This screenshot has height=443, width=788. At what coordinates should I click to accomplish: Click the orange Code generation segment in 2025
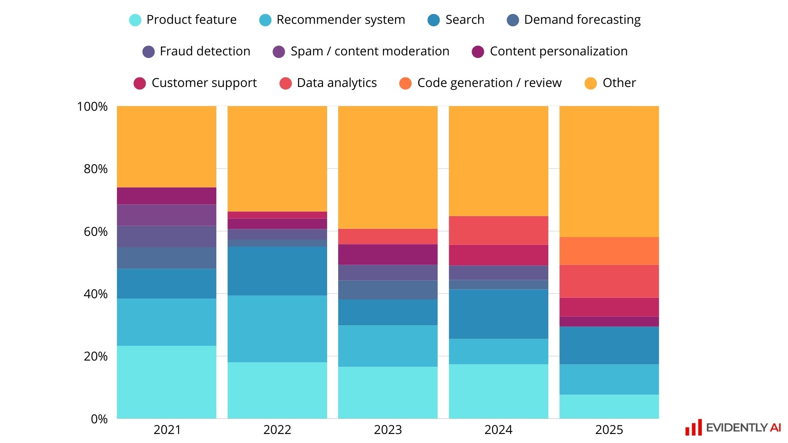(x=609, y=251)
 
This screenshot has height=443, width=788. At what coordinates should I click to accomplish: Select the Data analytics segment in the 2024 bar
(x=498, y=231)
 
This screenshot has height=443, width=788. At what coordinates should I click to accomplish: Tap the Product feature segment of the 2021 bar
(x=166, y=382)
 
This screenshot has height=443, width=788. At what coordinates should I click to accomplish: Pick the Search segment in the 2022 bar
(x=277, y=271)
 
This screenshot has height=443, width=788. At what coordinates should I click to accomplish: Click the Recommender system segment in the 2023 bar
(x=387, y=346)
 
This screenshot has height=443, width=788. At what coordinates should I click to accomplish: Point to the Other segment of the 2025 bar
(x=609, y=171)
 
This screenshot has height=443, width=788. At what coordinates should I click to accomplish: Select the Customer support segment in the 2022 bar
(x=277, y=215)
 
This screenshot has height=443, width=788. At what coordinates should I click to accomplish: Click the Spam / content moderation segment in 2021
(x=166, y=215)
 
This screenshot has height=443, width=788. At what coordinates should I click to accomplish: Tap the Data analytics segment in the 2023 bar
(x=387, y=237)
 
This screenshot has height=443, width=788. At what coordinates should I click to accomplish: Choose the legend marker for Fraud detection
(x=148, y=52)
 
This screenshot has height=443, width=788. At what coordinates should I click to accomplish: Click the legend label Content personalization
(x=559, y=51)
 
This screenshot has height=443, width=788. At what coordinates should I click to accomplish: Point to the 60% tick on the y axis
(x=96, y=232)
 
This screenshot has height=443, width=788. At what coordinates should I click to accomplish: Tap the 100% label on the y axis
(x=92, y=107)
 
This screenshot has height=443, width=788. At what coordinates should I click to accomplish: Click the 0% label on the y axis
(x=99, y=419)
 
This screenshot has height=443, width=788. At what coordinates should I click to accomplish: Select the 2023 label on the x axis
(x=387, y=430)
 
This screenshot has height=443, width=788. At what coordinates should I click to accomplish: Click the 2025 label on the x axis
(x=609, y=430)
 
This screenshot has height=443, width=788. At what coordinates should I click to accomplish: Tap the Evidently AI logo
(x=733, y=428)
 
